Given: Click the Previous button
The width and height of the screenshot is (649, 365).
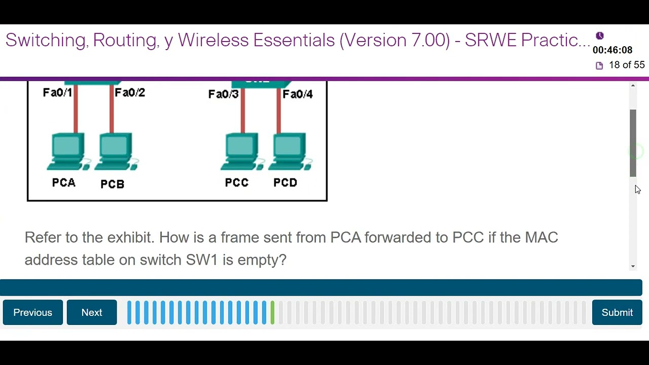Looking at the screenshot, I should [x=33, y=312].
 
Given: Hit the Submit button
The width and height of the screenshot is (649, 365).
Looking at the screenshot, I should [x=617, y=312].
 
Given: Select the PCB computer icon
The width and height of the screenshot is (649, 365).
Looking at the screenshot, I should [x=116, y=151].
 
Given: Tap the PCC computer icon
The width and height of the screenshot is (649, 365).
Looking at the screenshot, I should [x=241, y=151].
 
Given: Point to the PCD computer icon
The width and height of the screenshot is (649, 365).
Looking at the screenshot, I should [x=290, y=151].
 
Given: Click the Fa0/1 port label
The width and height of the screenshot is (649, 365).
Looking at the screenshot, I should [x=57, y=92].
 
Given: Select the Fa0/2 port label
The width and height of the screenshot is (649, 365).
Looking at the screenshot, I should [x=130, y=92].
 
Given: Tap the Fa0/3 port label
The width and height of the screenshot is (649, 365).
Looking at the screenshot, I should [x=223, y=94].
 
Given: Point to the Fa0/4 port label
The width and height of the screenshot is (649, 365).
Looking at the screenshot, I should [x=298, y=94].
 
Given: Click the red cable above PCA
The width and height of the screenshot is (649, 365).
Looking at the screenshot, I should [x=76, y=109].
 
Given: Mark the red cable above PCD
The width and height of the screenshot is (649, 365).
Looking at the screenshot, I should [x=279, y=112].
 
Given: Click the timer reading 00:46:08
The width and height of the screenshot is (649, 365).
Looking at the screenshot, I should [x=612, y=50].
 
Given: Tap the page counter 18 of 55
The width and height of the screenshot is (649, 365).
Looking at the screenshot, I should [x=627, y=65].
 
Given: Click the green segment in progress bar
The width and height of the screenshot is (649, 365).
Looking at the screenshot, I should [x=273, y=312].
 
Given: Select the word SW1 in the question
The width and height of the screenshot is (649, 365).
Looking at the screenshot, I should [x=202, y=260].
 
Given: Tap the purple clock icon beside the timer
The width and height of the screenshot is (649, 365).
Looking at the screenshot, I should [x=600, y=36].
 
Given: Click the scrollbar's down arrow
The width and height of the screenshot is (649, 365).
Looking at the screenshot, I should [x=633, y=266].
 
